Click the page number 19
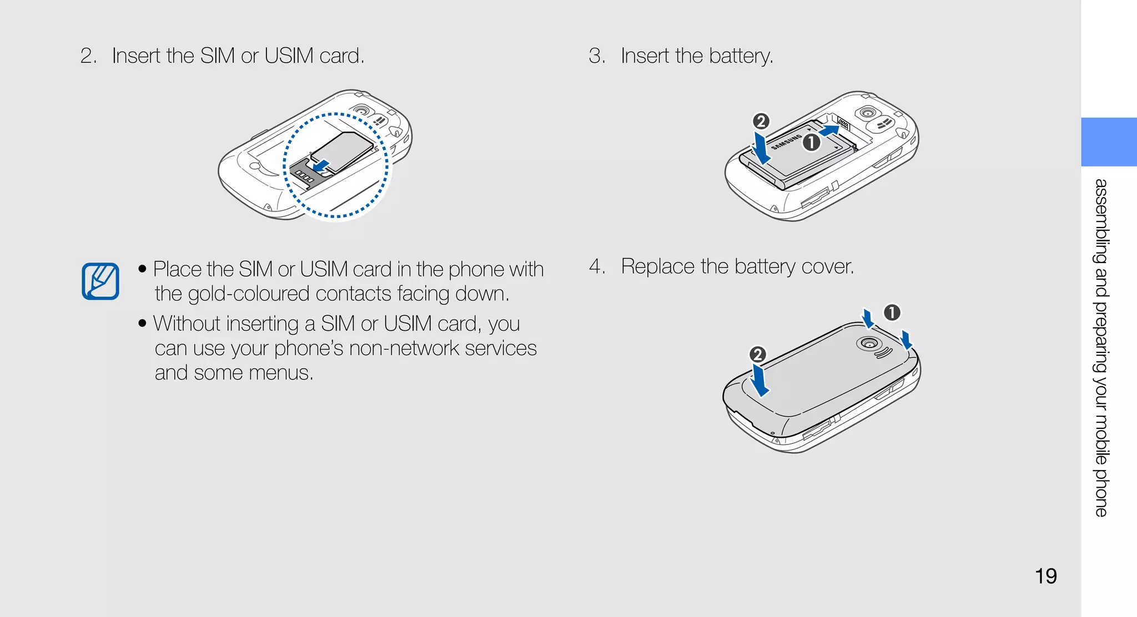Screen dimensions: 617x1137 1045,576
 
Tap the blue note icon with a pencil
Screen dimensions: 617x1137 100,281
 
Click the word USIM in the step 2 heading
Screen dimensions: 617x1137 289,56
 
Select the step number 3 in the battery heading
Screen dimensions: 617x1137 596,56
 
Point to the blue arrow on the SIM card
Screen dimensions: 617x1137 321,165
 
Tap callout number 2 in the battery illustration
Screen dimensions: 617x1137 761,122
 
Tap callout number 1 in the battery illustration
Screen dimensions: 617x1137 812,143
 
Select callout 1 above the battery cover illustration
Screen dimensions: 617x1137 892,312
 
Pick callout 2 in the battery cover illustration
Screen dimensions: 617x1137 757,355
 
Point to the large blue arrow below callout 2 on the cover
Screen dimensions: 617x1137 759,381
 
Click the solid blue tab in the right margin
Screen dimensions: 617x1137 1108,142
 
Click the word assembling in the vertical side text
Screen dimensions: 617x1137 1101,221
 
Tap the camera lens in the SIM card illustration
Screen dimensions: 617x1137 361,110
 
